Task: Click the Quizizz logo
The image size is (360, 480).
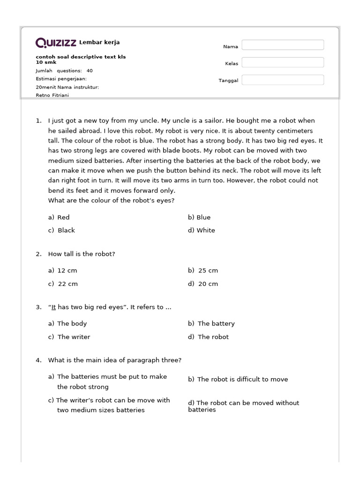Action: click(x=56, y=43)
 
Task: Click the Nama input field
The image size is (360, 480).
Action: click(x=283, y=45)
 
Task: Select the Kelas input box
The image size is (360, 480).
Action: click(x=283, y=62)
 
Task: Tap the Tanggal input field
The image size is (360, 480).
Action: click(x=283, y=80)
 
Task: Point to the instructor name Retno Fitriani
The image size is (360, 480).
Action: click(x=52, y=95)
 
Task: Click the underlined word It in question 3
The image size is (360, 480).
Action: click(x=53, y=307)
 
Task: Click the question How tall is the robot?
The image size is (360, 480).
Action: click(x=82, y=254)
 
